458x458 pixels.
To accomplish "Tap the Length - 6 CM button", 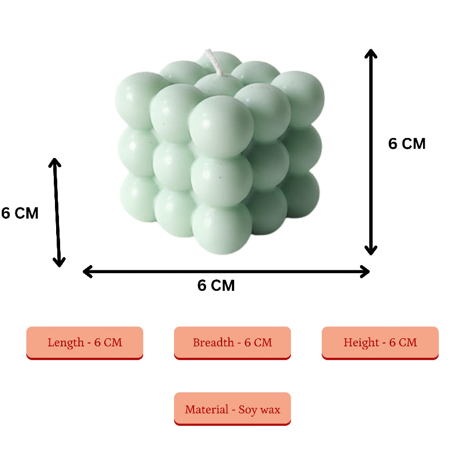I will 85,342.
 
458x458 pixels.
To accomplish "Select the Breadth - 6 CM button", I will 232,342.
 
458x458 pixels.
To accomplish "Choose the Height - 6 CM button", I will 380,342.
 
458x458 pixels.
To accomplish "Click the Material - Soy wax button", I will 232,409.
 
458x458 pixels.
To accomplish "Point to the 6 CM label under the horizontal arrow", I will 216,286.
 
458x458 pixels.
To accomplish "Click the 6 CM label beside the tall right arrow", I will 407,144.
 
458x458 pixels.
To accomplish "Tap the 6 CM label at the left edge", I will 19,213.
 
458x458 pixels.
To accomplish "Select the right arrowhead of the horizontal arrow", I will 366,271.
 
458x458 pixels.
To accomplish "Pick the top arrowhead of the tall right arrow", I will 371,53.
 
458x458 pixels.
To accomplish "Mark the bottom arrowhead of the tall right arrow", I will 371,250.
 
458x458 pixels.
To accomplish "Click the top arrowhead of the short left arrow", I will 54,162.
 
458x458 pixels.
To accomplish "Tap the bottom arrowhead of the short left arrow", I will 59,263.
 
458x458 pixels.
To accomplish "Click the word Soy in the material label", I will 248,410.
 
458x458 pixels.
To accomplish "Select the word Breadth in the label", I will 213,342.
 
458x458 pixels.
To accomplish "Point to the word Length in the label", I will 66,342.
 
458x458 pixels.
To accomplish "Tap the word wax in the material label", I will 270,410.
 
